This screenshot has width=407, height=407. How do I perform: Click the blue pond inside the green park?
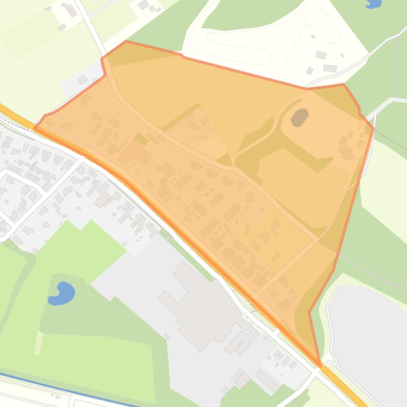click(62, 293)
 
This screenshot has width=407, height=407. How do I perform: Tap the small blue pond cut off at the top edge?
click(373, 3)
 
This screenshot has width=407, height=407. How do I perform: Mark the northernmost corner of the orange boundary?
click(126, 41)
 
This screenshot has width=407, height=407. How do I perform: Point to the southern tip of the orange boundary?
click(320, 365)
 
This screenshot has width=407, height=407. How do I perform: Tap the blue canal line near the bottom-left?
click(63, 384)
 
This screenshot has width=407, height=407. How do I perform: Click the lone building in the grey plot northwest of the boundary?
click(82, 80)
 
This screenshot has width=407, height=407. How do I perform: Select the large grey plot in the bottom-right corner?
click(370, 328)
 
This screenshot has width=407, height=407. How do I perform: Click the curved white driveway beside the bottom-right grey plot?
click(331, 322)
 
